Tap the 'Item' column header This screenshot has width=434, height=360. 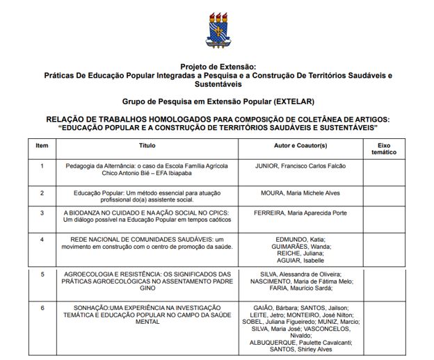click(x=42, y=146)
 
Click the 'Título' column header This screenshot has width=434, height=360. click(x=147, y=146)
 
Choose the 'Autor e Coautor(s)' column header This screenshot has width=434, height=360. click(x=300, y=146)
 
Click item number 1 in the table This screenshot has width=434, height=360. click(x=42, y=166)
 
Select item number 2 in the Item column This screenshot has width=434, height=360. click(x=42, y=192)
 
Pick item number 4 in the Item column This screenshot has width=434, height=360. click(x=42, y=239)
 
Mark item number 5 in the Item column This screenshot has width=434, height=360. click(x=42, y=274)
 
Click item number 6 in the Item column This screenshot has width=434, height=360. click(x=42, y=307)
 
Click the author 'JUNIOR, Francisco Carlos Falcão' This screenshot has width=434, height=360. click(x=300, y=166)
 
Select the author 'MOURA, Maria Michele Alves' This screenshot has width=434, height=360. click(x=300, y=192)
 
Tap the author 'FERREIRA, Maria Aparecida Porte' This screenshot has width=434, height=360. click(x=300, y=212)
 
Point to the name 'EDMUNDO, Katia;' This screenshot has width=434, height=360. click(x=300, y=239)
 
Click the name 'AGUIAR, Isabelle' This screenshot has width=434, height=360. click(x=300, y=261)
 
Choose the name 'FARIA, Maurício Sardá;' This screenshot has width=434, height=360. click(x=300, y=288)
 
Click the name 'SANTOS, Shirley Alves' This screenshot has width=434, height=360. click(x=300, y=350)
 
